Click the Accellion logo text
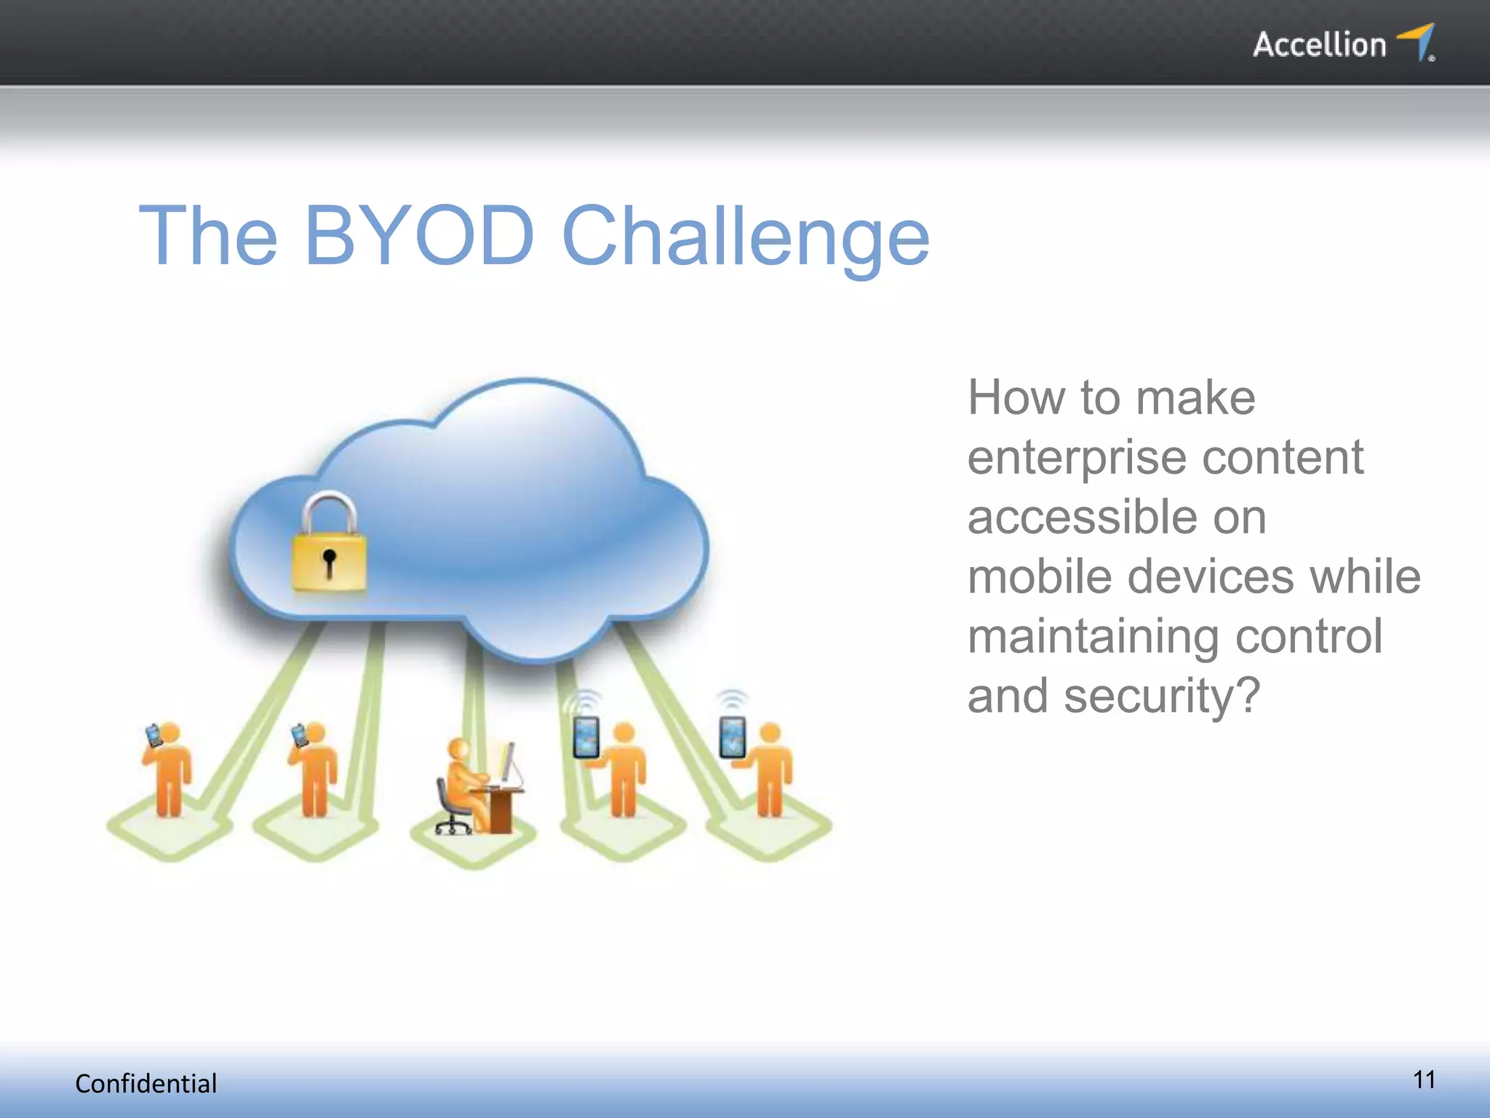pos(1319,45)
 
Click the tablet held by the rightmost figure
pos(733,737)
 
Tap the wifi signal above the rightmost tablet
pos(733,699)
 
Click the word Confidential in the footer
pos(146,1084)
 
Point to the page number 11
pos(1424,1079)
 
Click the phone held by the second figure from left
pos(300,734)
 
